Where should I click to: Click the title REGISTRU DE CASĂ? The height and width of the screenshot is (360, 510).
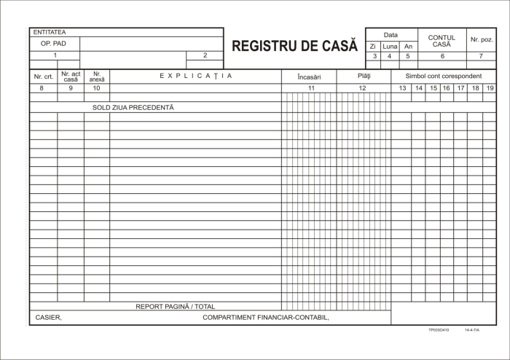tap(294, 46)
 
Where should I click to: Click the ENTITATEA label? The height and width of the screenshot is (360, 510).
tap(49, 32)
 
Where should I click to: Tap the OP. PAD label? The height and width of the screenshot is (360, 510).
tap(54, 43)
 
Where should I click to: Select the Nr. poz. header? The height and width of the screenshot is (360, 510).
tap(482, 39)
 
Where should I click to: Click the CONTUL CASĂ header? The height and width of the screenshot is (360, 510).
tap(442, 41)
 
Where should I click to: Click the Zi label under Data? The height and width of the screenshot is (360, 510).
tap(374, 47)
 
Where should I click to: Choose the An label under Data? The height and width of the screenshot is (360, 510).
tap(408, 47)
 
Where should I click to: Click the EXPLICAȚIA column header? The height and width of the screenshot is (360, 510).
tap(195, 76)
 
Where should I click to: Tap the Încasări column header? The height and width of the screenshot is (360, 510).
tap(309, 77)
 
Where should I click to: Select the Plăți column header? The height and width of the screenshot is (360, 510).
tap(364, 76)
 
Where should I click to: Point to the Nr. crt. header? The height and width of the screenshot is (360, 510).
tap(43, 77)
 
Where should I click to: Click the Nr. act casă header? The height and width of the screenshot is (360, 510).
tap(71, 77)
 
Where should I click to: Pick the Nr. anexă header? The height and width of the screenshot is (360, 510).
tap(96, 77)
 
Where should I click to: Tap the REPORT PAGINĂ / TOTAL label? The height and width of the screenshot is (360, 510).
tap(175, 307)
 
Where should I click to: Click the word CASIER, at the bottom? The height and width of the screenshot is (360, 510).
tap(49, 318)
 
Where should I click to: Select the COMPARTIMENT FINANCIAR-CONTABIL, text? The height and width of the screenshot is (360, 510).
tap(266, 318)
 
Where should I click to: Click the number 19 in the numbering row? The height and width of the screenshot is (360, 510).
tap(490, 88)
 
